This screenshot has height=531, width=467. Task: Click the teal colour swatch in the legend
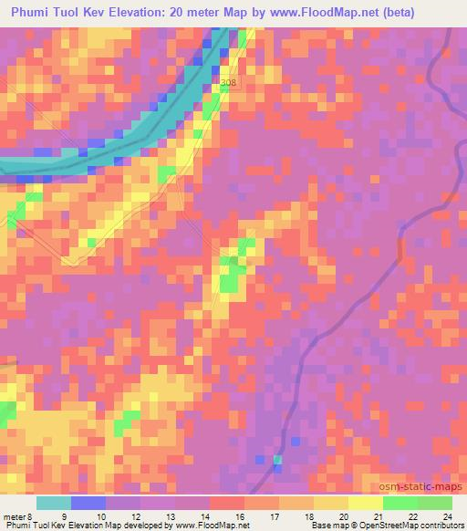[54, 503]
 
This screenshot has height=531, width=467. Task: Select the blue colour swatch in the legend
[88, 503]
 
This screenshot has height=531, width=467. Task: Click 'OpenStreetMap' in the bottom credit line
[382, 525]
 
